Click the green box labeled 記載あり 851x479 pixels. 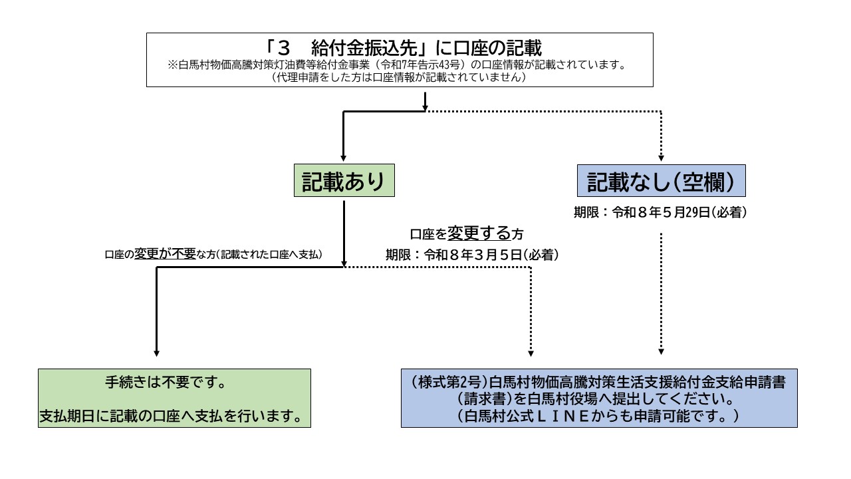(344, 182)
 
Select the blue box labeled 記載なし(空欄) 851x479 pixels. (660, 182)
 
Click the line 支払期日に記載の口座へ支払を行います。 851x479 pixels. (174, 416)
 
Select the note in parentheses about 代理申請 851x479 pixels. (400, 77)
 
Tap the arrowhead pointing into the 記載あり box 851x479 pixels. (344, 158)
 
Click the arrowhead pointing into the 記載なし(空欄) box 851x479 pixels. (661, 158)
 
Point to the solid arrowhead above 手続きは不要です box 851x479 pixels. (156, 352)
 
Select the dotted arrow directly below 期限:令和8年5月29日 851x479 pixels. (661, 293)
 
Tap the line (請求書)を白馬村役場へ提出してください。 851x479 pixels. (599, 400)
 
